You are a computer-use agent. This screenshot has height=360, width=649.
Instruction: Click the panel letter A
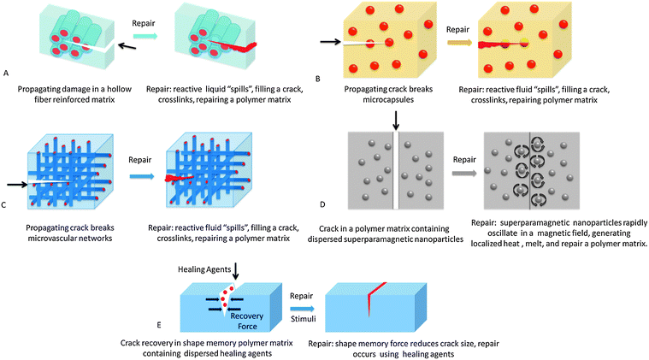click(7, 74)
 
